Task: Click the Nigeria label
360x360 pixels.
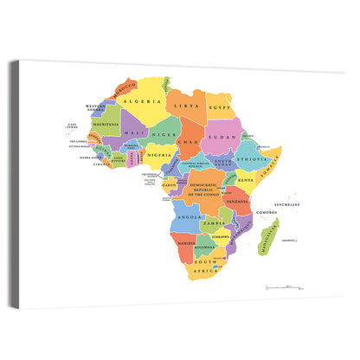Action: click(x=159, y=155)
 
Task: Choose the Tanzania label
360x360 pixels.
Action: click(x=239, y=202)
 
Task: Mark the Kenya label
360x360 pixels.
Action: click(x=247, y=180)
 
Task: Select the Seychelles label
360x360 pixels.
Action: click(x=289, y=205)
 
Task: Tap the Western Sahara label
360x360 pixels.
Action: click(x=95, y=109)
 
